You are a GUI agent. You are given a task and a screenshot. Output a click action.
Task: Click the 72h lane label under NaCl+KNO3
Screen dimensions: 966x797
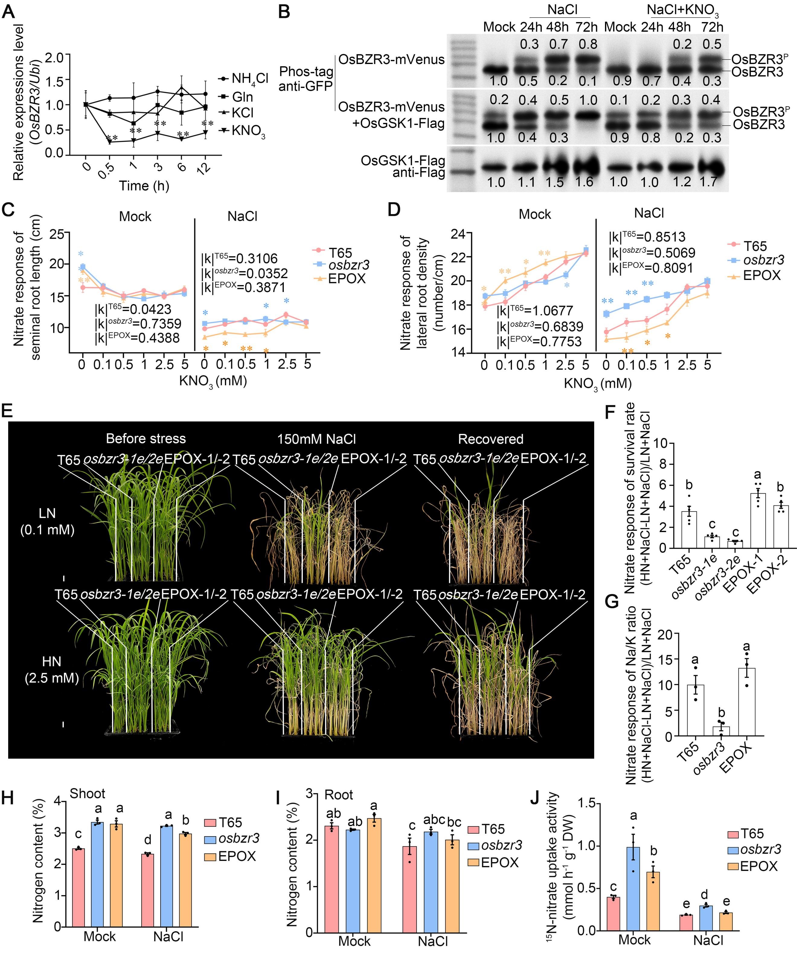pyautogui.click(x=712, y=27)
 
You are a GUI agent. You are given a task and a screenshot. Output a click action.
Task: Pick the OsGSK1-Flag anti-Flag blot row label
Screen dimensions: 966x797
pyautogui.click(x=403, y=167)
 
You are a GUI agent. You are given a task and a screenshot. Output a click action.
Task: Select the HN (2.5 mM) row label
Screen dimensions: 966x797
pyautogui.click(x=51, y=669)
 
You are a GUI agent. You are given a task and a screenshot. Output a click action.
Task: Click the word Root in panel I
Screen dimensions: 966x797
pyautogui.click(x=338, y=795)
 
